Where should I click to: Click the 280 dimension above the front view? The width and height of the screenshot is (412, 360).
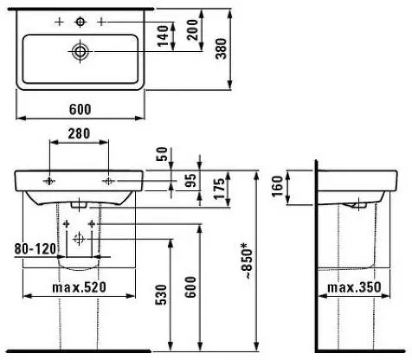(x=80, y=135)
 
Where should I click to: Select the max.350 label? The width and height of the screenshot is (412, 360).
(x=357, y=287)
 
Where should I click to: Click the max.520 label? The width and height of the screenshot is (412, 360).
(x=80, y=287)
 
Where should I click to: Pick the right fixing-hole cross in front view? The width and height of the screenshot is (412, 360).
(x=108, y=181)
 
